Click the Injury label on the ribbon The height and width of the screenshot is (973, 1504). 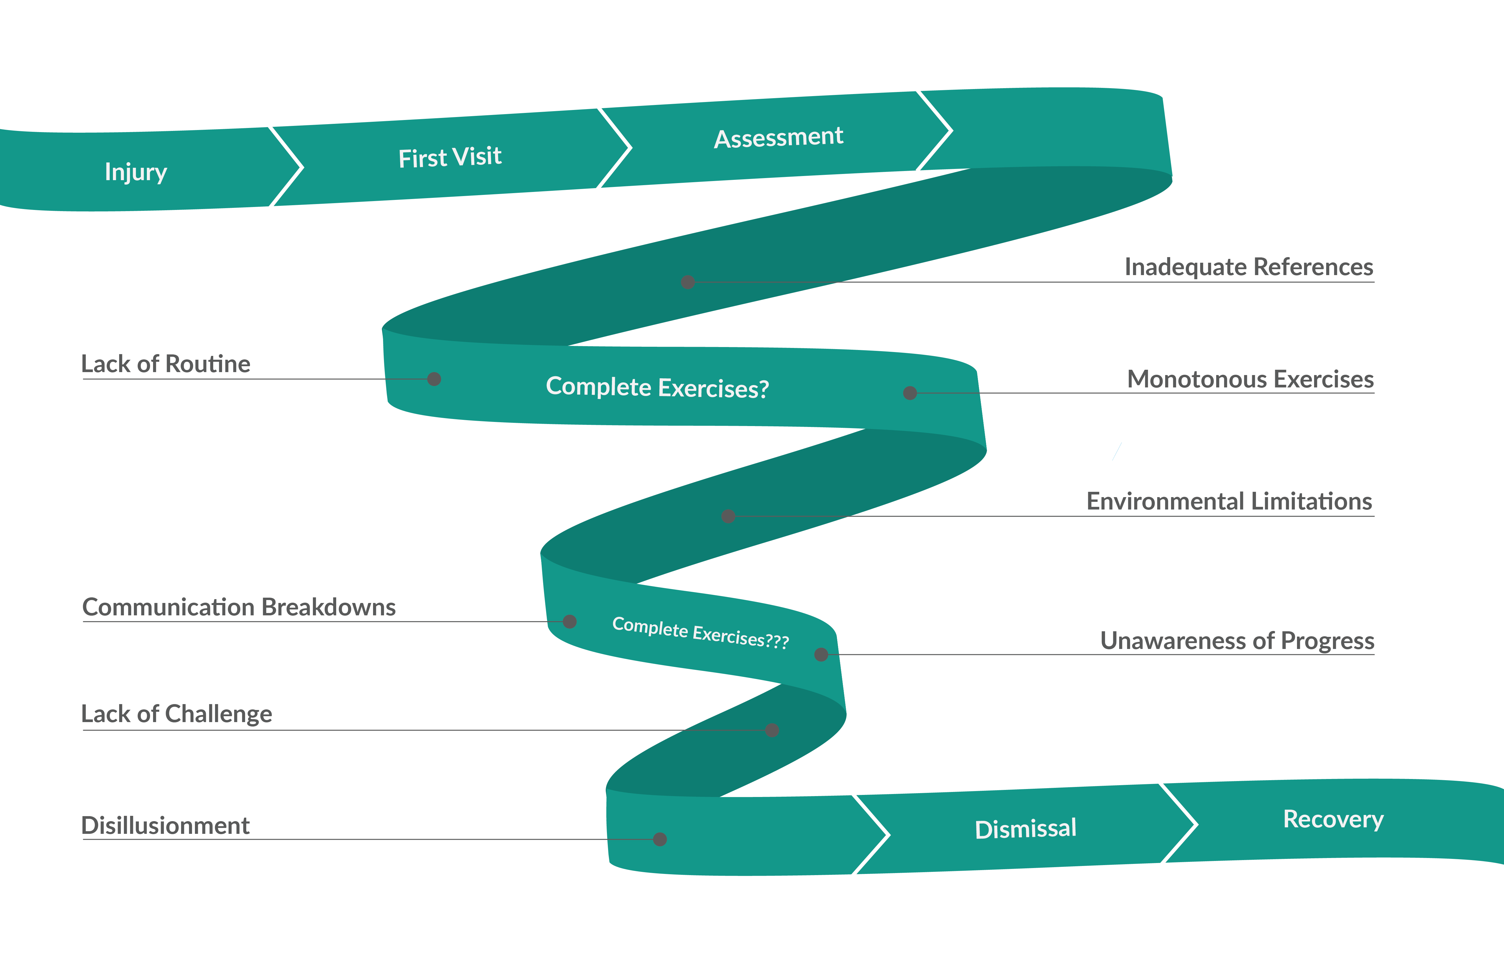click(x=136, y=172)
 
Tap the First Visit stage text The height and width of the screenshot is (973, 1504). click(x=450, y=157)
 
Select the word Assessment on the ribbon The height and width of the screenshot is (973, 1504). click(x=779, y=137)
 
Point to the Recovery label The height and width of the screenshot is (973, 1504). click(x=1333, y=819)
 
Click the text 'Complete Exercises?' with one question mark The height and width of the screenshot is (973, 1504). click(x=657, y=387)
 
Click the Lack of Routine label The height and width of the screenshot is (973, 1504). click(x=165, y=364)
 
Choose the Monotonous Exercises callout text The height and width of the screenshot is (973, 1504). click(x=1251, y=379)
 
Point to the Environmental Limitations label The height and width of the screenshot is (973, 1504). click(x=1229, y=501)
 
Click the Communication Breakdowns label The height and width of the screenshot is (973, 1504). click(x=239, y=607)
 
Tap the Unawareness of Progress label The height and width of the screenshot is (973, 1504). click(x=1237, y=641)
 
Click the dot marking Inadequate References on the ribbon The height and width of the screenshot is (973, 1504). click(x=688, y=282)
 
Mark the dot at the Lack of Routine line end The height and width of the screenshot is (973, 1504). click(x=434, y=379)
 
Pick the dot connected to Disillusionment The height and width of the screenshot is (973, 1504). click(x=660, y=839)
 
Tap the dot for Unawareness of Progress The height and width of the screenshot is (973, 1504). click(x=822, y=655)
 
